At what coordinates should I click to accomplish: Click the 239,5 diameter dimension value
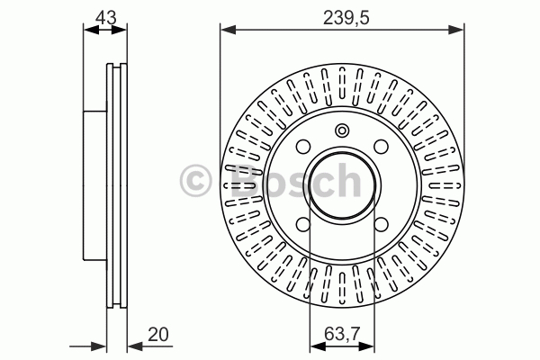pyautogui.click(x=346, y=18)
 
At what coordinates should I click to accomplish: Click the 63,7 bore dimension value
pyautogui.click(x=342, y=334)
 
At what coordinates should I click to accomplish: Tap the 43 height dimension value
pyautogui.click(x=106, y=17)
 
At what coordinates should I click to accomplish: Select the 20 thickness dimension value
pyautogui.click(x=158, y=334)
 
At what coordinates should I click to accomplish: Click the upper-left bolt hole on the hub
pyautogui.click(x=303, y=147)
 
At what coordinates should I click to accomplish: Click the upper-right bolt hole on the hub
pyautogui.click(x=381, y=147)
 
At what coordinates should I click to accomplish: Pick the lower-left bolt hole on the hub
pyautogui.click(x=303, y=224)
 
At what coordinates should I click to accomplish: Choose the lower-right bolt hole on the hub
pyautogui.click(x=381, y=224)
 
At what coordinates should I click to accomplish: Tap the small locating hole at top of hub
pyautogui.click(x=342, y=130)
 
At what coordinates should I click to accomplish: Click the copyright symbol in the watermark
pyautogui.click(x=195, y=181)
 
